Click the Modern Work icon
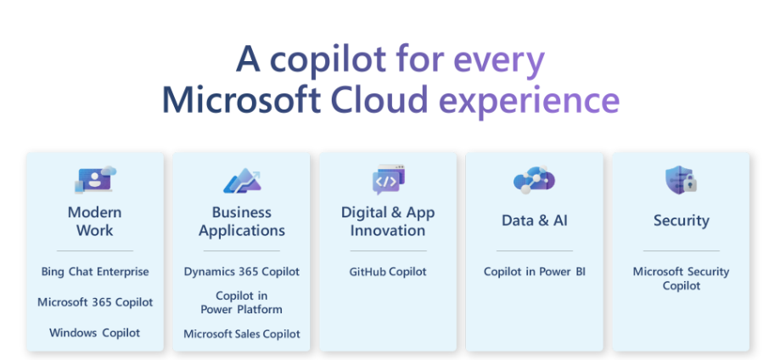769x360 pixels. click(96, 179)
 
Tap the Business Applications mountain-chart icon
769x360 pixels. click(242, 181)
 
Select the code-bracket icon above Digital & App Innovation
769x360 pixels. click(389, 179)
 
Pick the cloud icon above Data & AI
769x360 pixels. click(534, 180)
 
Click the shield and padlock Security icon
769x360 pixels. click(681, 180)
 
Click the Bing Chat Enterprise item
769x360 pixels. click(95, 272)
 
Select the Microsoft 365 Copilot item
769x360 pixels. click(95, 302)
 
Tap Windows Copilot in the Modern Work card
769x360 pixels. click(95, 333)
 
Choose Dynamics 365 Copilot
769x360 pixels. click(242, 272)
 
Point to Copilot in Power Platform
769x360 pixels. click(242, 302)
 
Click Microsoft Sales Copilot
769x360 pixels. click(242, 334)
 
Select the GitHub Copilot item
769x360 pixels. click(388, 272)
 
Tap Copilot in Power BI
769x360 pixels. click(535, 272)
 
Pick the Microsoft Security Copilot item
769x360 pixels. click(682, 278)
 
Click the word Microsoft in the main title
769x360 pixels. click(241, 99)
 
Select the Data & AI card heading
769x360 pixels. click(535, 221)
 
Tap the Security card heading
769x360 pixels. click(682, 221)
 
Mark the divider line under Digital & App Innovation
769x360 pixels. click(388, 251)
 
